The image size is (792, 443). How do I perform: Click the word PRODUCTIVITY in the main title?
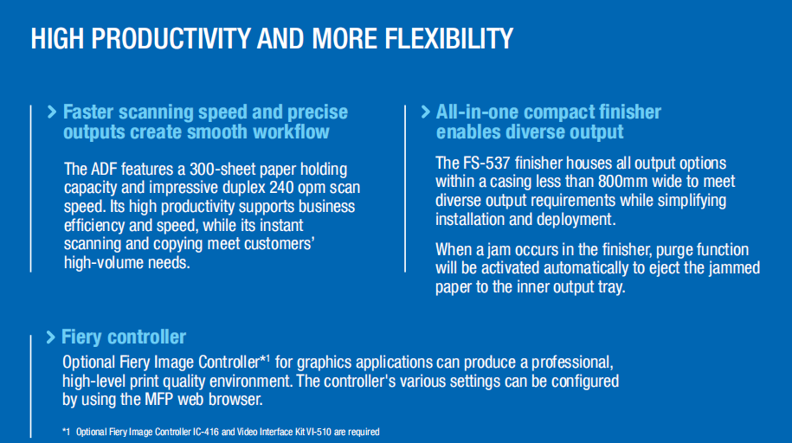[x=171, y=38]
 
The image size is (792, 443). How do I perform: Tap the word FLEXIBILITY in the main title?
[x=449, y=38]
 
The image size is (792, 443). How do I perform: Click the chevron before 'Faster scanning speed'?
[x=52, y=112]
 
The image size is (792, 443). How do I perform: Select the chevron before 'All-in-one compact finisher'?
[x=425, y=112]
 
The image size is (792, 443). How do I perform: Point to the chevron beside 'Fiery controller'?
[x=50, y=337]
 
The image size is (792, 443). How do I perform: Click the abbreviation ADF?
[x=103, y=170]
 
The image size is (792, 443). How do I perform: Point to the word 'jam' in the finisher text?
[x=486, y=250]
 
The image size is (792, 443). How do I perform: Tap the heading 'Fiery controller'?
[x=124, y=337]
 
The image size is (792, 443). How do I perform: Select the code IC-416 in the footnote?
[x=206, y=432]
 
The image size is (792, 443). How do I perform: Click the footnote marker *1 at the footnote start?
[x=66, y=432]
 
